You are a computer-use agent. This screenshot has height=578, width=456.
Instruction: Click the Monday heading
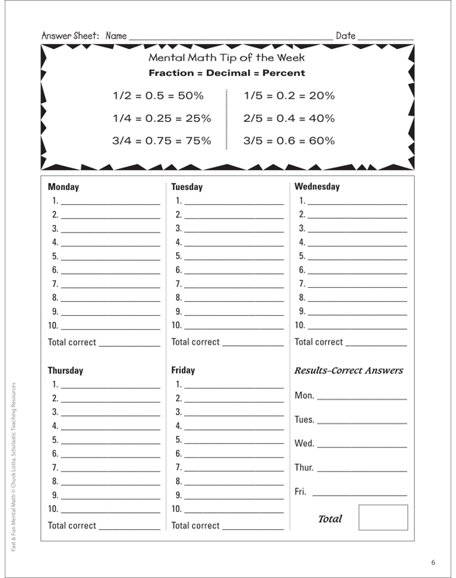coord(64,187)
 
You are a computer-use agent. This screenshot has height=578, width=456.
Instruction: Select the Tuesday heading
coord(187,187)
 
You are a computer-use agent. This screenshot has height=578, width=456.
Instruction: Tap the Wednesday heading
coord(317,186)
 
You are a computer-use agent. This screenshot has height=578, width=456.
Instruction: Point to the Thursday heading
coord(65,371)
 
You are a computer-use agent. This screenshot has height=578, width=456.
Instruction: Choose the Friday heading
coord(183,370)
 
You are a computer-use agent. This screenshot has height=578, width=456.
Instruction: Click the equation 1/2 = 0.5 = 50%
coord(158,96)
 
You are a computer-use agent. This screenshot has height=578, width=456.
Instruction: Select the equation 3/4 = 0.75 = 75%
coord(161,141)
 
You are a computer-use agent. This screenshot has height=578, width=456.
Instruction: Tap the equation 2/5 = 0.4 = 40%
coord(288,119)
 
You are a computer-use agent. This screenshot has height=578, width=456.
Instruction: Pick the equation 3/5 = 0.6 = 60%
coord(288,141)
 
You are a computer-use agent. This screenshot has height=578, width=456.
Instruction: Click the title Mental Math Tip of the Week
coord(226,57)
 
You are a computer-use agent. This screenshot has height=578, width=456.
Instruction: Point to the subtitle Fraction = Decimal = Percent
coord(226,73)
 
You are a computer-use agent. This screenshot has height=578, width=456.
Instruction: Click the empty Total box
coord(382,517)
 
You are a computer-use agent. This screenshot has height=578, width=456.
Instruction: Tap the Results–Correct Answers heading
coord(349,371)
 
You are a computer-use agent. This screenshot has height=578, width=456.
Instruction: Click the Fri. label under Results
coord(302,492)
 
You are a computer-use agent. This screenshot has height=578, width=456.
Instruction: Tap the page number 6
coord(434,562)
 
